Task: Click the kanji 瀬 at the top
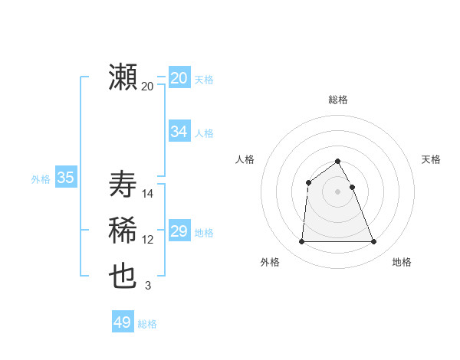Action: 123,77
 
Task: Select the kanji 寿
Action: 123,185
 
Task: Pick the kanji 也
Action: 123,277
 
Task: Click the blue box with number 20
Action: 179,78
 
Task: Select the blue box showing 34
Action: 179,132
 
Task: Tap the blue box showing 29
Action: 179,231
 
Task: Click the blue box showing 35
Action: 65,178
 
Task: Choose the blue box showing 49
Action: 123,322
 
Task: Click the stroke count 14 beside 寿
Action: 148,194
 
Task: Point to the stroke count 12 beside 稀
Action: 148,240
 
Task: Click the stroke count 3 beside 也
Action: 148,286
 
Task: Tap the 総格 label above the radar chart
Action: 338,100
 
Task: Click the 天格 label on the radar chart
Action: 431,159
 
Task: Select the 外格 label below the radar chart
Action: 270,262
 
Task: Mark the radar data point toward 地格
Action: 374,242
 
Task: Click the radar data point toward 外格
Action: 301,242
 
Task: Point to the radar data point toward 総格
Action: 338,162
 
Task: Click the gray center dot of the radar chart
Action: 338,191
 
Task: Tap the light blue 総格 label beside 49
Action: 147,324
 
